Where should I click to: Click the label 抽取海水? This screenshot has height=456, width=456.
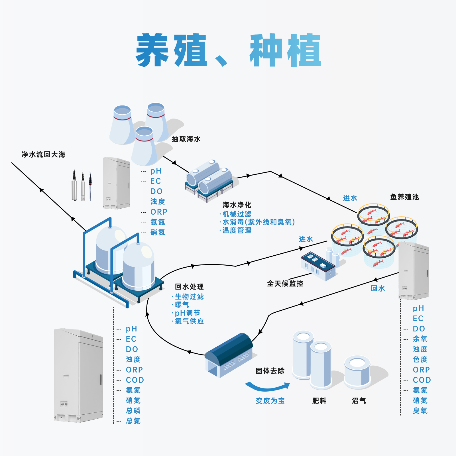click(186, 139)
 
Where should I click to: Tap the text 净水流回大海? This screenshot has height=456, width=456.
click(44, 154)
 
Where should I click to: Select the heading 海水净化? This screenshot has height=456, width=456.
click(237, 205)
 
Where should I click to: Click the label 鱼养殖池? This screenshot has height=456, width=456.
click(404, 197)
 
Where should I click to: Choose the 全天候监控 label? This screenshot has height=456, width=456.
click(285, 283)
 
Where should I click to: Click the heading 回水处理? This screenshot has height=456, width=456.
click(189, 287)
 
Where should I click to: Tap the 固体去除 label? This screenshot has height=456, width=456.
click(270, 371)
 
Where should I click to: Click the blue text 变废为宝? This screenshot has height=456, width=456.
click(270, 401)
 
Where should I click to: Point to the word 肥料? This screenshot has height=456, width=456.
click(319, 401)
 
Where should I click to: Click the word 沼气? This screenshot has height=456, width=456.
click(359, 401)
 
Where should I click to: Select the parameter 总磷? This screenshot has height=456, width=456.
click(133, 411)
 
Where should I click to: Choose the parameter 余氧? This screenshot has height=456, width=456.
click(420, 339)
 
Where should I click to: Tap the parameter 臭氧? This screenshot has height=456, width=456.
click(420, 411)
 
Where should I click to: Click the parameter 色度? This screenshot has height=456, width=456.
click(420, 359)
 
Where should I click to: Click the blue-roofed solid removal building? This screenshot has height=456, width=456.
click(229, 355)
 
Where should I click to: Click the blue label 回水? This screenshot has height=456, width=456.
click(378, 288)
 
